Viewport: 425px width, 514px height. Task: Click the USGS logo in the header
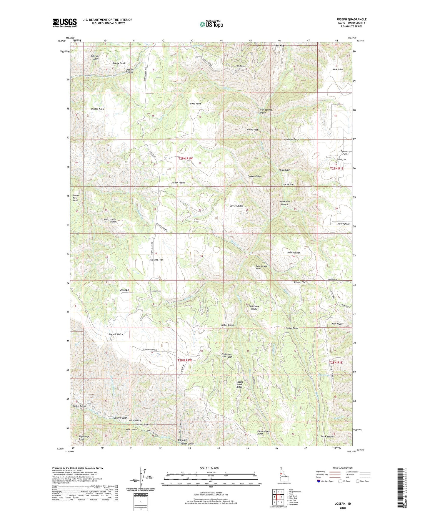click(x=64, y=23)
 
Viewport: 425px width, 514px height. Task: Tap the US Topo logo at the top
click(x=211, y=24)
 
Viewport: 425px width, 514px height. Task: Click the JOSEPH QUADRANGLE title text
click(x=351, y=19)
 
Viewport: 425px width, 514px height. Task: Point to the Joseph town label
click(x=125, y=290)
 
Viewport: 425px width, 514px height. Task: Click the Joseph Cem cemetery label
click(x=156, y=291)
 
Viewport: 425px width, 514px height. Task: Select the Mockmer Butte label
click(x=292, y=139)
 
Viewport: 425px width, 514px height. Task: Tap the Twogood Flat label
click(x=156, y=260)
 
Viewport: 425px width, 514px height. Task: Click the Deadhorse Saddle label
click(x=254, y=307)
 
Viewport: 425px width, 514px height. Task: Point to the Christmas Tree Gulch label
click(x=227, y=355)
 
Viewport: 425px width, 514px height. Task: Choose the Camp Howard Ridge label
click(x=264, y=432)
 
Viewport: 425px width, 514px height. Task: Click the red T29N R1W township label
click(x=185, y=158)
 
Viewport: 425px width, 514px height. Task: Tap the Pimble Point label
click(x=97, y=109)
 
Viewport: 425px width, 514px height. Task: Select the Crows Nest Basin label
click(x=76, y=198)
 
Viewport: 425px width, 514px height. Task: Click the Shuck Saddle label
click(x=327, y=437)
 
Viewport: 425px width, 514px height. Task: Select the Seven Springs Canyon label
click(x=265, y=111)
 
